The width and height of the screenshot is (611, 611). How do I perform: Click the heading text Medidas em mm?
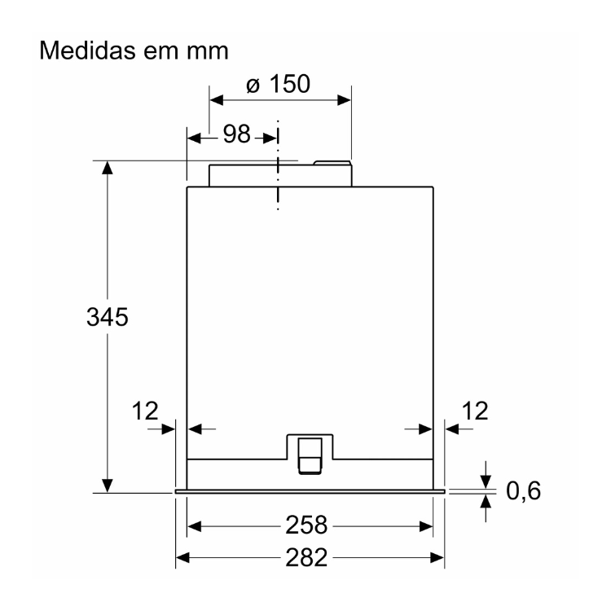(x=135, y=51)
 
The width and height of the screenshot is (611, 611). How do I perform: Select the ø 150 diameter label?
(x=278, y=84)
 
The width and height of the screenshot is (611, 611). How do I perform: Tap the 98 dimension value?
(x=237, y=135)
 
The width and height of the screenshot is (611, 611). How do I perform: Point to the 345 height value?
(x=108, y=317)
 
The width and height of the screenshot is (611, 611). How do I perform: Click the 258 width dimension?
(x=310, y=525)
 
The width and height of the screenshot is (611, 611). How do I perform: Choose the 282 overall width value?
(x=310, y=558)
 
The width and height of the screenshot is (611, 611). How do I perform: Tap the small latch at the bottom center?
(x=310, y=455)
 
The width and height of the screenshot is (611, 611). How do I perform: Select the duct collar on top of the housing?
(x=280, y=174)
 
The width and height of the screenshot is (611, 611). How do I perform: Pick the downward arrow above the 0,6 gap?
(x=486, y=479)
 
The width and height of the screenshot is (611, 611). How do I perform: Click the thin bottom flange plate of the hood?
(x=310, y=491)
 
